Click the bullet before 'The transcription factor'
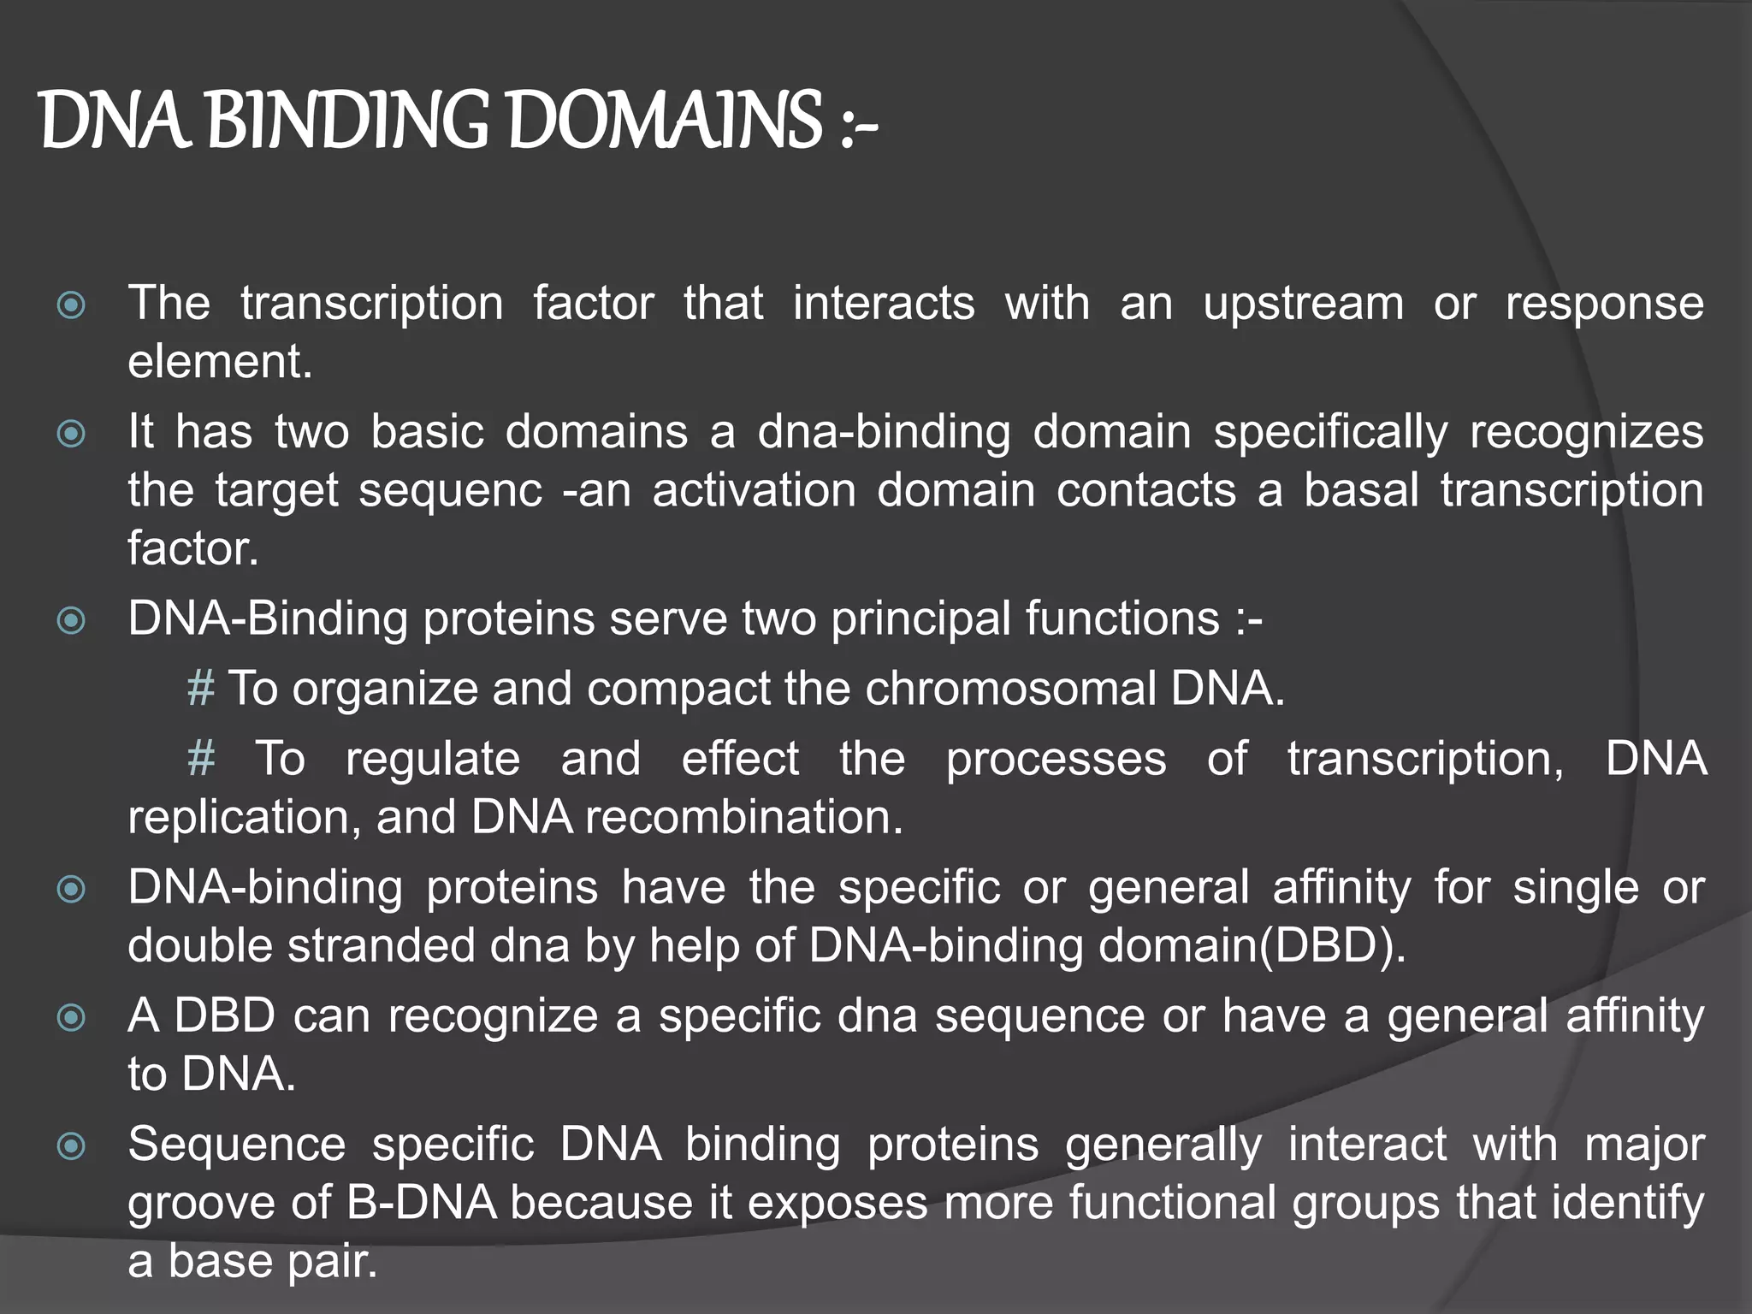coord(71,305)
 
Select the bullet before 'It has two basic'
coord(71,434)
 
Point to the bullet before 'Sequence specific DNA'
coord(71,1146)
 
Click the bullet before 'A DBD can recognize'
coord(71,1018)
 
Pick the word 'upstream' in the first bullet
coord(1303,305)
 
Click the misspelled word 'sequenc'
coord(450,491)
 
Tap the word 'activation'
coord(754,490)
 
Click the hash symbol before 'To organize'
coord(201,688)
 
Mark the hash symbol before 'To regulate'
coord(201,759)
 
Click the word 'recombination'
coord(743,817)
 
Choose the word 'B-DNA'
coord(421,1202)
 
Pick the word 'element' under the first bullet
coord(219,362)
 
